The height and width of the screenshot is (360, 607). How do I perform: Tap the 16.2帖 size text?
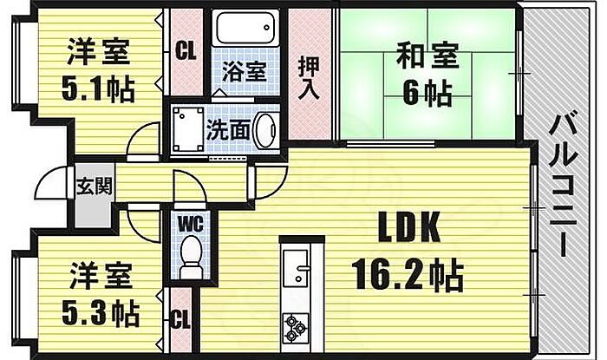coord(408,276)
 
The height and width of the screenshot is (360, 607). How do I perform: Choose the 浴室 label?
coord(244,71)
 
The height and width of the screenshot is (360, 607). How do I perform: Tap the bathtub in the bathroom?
coord(245,31)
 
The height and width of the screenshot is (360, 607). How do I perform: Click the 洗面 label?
coord(229,130)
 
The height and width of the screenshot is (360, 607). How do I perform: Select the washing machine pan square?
coord(186,131)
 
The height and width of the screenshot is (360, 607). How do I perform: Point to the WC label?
coord(190,222)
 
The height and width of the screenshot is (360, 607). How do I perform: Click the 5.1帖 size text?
coord(98,91)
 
